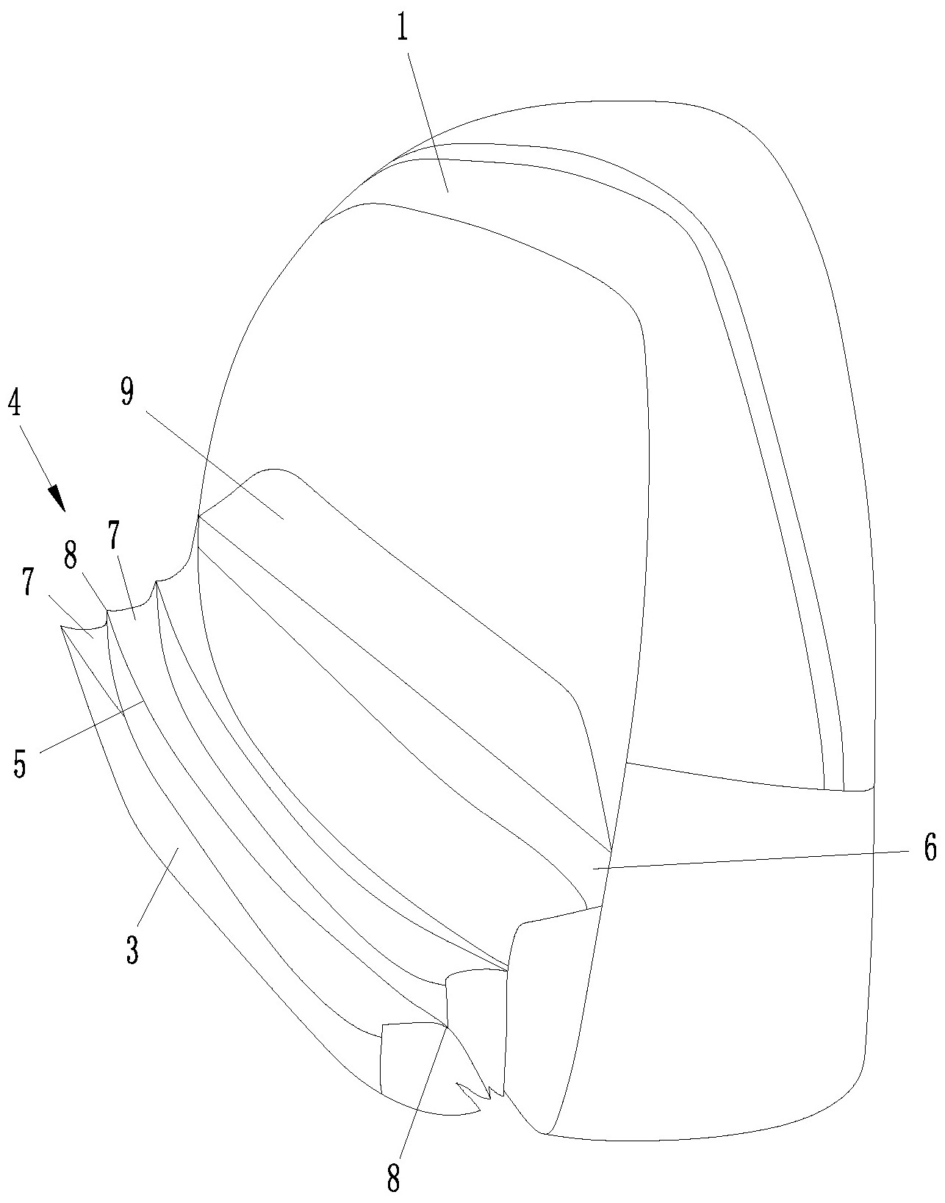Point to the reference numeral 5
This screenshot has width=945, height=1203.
[20, 764]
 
